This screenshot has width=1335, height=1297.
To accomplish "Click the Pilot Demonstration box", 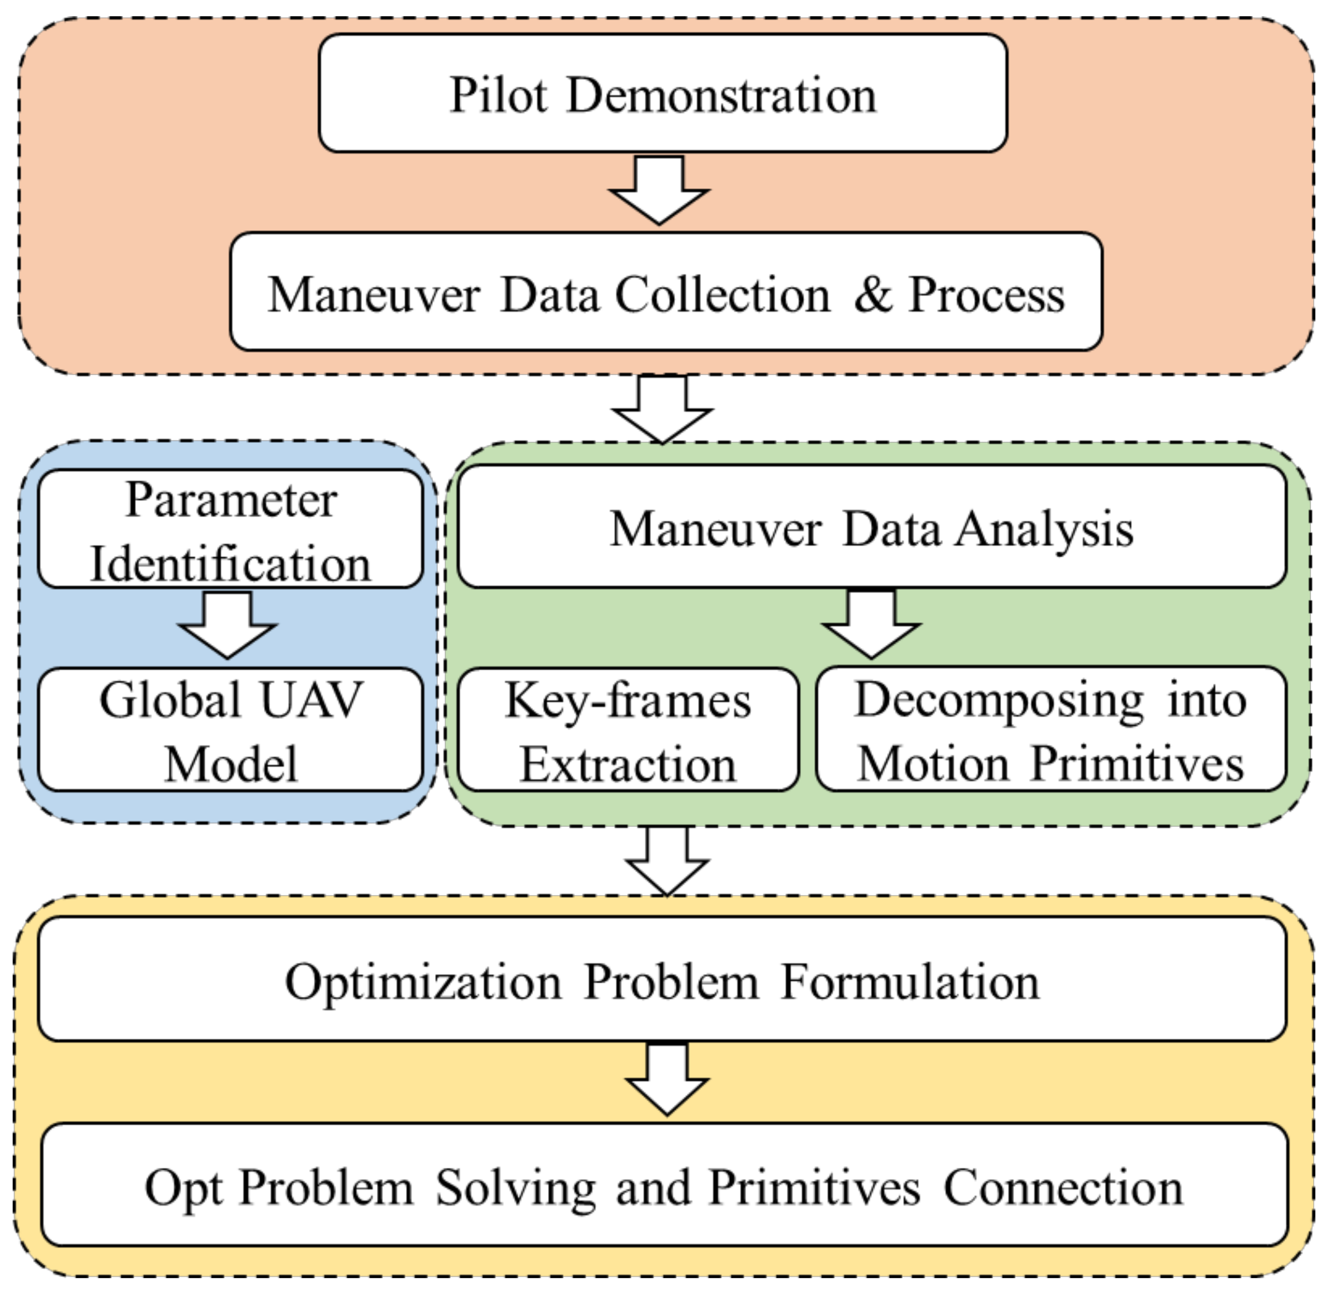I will (662, 93).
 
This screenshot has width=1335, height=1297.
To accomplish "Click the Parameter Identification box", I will (230, 529).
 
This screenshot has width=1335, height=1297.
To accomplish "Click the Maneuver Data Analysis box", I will (871, 527).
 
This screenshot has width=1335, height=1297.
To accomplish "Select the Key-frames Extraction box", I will (628, 730).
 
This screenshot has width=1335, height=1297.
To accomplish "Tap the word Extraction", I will (628, 764).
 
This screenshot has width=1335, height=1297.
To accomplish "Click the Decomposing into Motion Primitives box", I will (1051, 730).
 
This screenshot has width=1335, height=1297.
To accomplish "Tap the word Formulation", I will (910, 982).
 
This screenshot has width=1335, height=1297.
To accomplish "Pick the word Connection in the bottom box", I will (1063, 1188).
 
